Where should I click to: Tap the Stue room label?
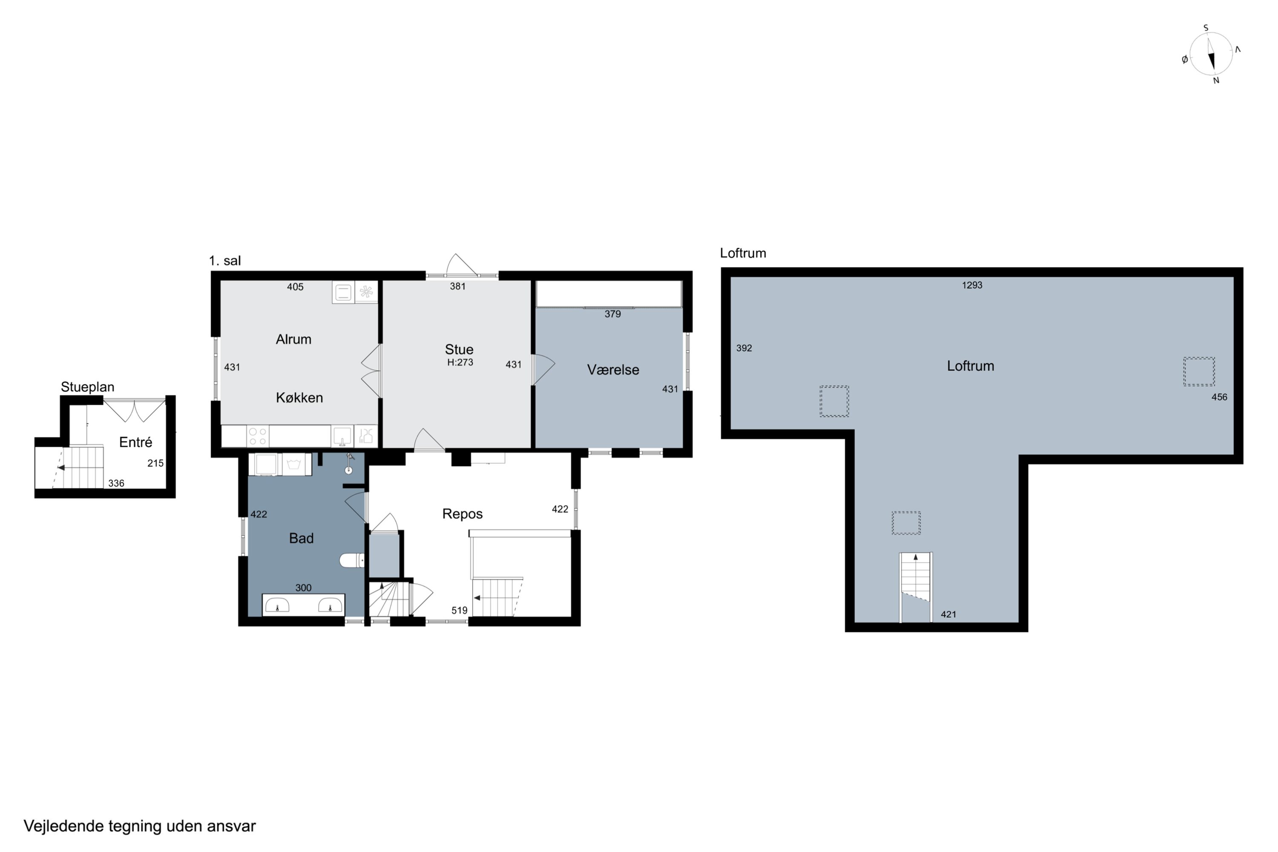tap(459, 349)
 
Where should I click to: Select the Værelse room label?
tap(613, 370)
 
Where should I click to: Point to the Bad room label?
tap(301, 538)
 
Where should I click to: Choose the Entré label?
tap(135, 442)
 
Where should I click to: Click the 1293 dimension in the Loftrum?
tap(972, 285)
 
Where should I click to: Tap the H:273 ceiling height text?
tap(460, 363)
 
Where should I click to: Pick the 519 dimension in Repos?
tap(459, 610)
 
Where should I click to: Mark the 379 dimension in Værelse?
tap(613, 314)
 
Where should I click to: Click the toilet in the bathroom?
tap(352, 560)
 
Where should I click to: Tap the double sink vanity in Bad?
tap(303, 605)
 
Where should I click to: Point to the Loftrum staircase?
tap(915, 587)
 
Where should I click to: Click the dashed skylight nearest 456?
tap(1199, 371)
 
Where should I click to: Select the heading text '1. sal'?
tap(225, 261)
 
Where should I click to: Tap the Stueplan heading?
tap(87, 387)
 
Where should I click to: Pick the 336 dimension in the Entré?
tap(116, 484)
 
